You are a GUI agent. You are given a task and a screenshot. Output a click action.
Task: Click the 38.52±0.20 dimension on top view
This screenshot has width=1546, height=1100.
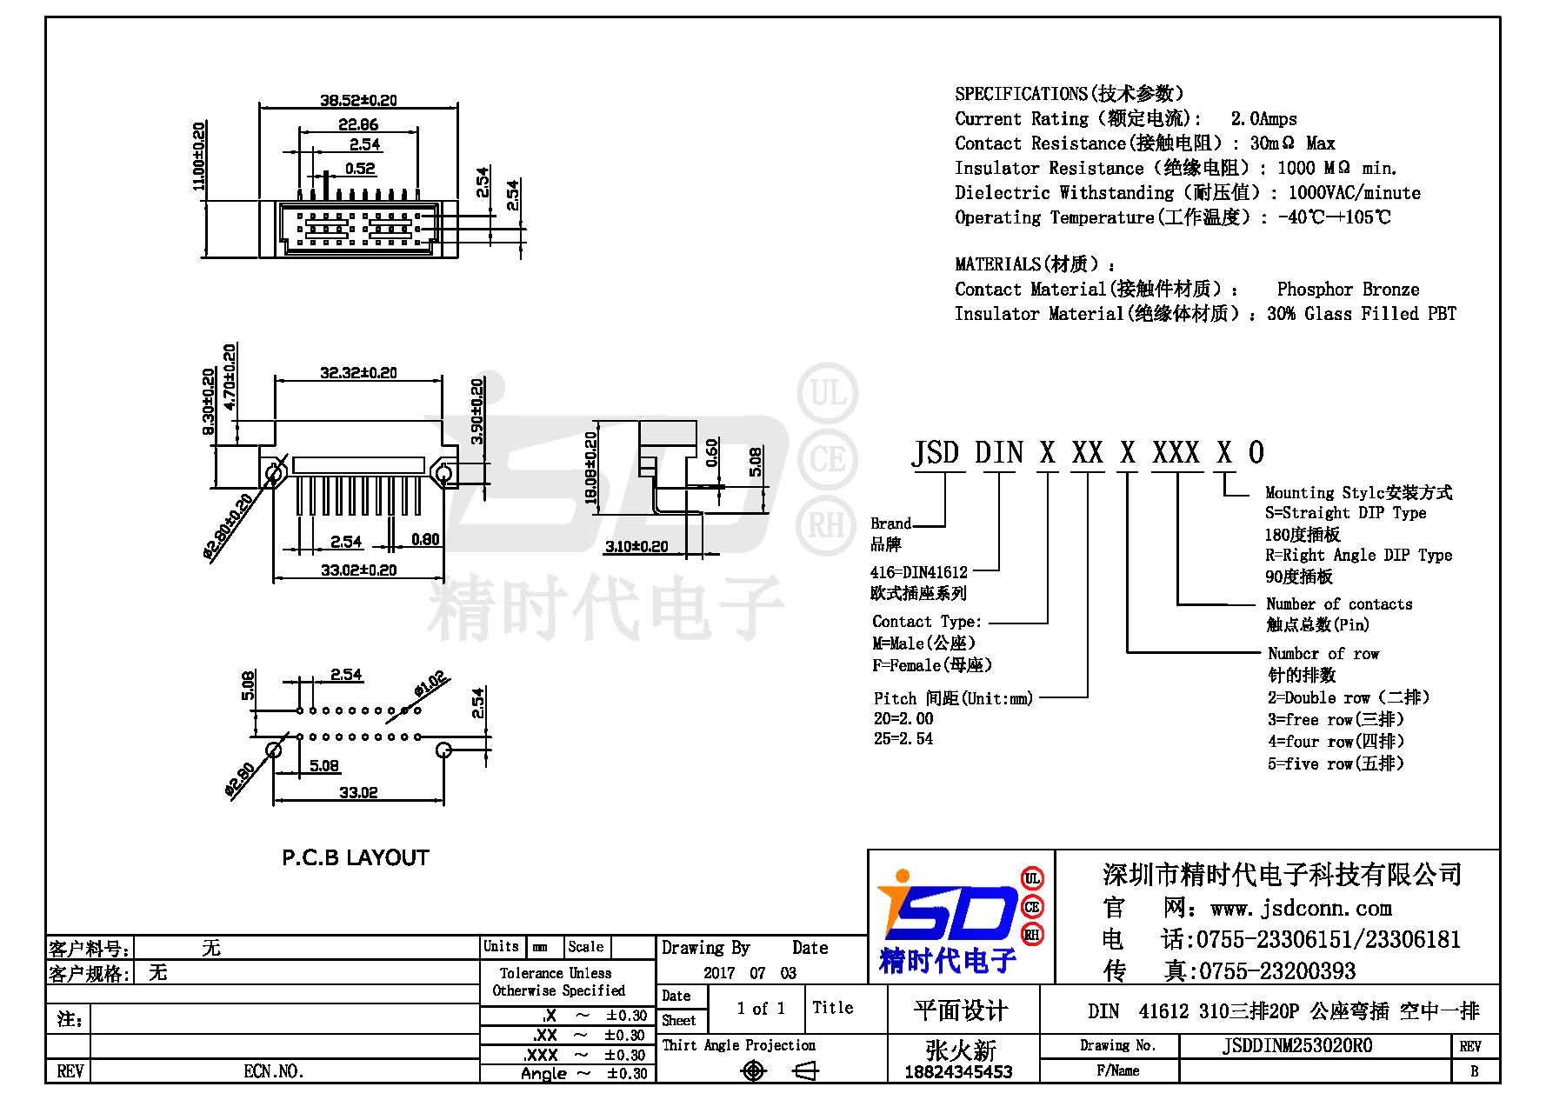[x=358, y=100]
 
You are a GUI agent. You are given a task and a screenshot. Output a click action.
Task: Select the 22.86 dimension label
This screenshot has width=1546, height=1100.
[x=358, y=124]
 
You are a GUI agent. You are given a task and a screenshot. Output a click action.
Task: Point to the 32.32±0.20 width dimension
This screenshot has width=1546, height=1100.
[x=358, y=373]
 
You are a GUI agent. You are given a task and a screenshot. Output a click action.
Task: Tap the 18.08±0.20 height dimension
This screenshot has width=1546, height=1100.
[x=591, y=468]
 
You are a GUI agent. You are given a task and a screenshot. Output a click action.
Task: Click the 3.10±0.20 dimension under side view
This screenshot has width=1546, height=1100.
[x=636, y=546]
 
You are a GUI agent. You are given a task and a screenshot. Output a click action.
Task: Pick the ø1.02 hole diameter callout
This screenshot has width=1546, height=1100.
[x=430, y=683]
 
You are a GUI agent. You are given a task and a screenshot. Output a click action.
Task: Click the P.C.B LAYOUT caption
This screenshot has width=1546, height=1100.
[x=356, y=858]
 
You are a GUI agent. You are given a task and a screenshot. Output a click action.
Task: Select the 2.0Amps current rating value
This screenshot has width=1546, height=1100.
[x=1263, y=119]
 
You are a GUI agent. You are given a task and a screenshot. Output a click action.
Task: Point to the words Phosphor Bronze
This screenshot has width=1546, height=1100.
[x=1348, y=290]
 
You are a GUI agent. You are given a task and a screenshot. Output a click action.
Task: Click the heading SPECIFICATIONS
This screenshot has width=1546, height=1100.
[x=1021, y=94]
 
